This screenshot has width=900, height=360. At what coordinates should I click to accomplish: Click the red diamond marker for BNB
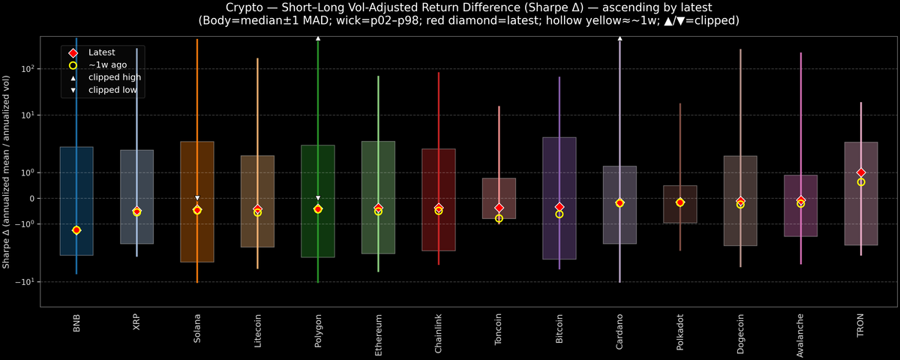coord(76,230)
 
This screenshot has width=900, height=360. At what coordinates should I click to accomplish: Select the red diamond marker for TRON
coord(861,172)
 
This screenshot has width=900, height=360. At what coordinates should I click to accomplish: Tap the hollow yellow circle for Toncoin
coord(499,218)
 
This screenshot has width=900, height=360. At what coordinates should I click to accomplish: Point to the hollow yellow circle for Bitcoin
coord(559,214)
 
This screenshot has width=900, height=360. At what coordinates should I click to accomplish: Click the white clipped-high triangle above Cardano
coord(619,37)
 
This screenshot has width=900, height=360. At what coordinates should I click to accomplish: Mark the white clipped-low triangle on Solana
coord(197,198)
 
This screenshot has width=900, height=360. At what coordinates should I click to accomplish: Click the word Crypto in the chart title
coord(244,7)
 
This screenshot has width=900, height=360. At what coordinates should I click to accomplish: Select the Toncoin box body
coord(499,198)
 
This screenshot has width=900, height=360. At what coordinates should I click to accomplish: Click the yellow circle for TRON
coord(861,182)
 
